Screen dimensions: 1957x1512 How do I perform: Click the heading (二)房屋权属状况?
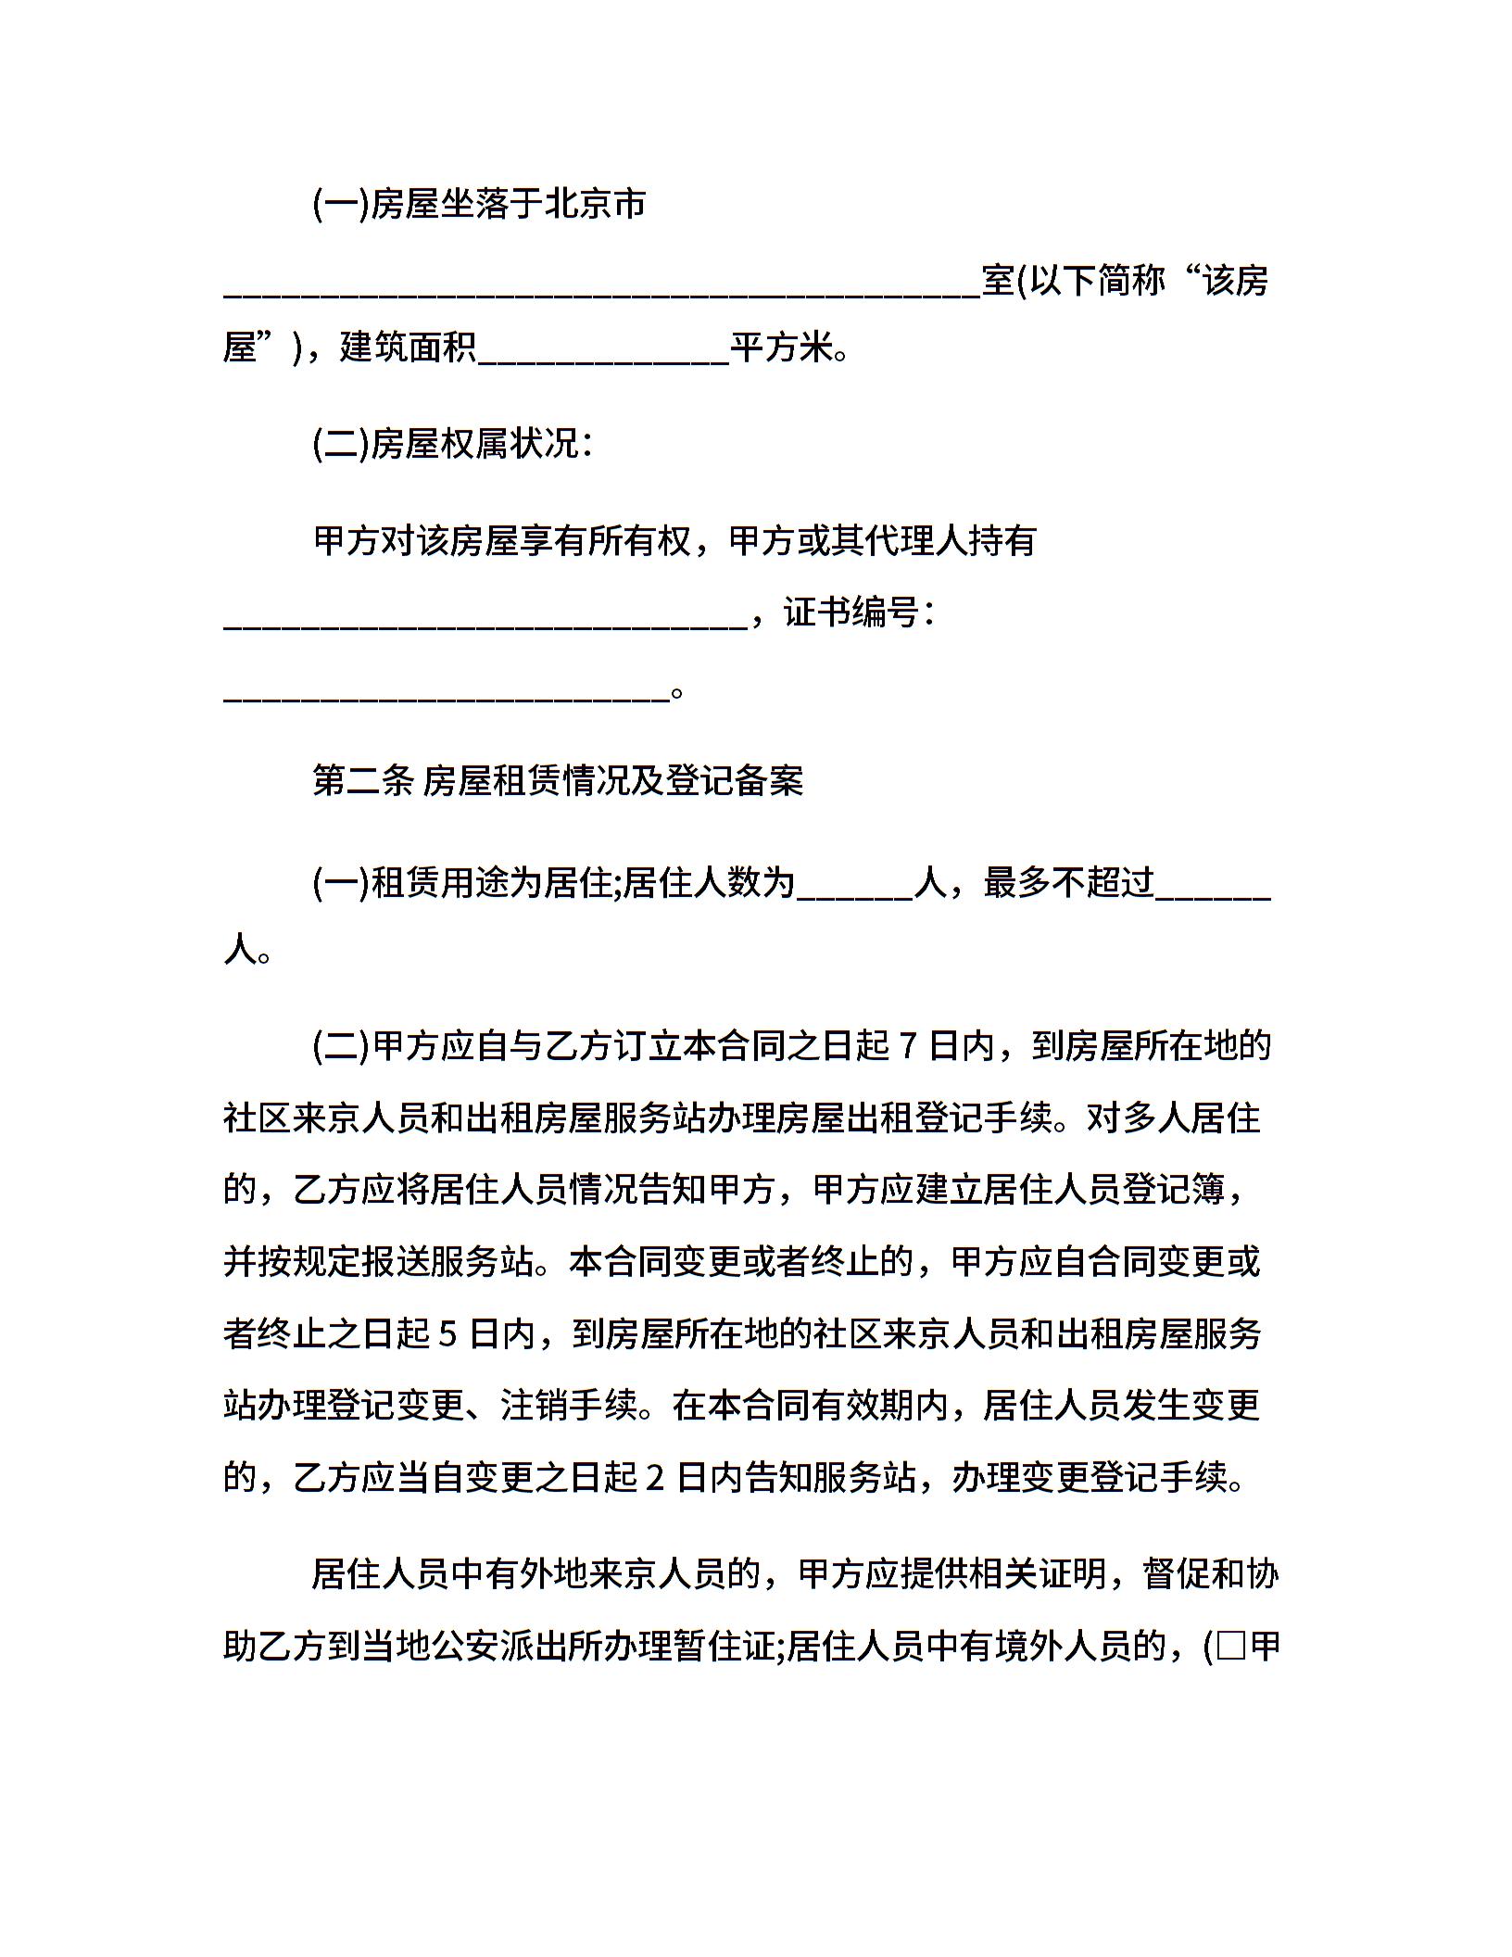(452, 445)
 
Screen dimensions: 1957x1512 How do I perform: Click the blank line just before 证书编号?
(485, 626)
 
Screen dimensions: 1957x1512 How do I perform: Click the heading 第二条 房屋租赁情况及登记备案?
(558, 780)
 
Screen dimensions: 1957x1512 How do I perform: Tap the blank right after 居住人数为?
(855, 896)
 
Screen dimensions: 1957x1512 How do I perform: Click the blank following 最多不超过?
(1214, 896)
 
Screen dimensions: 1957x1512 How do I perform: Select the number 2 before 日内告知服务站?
(655, 1477)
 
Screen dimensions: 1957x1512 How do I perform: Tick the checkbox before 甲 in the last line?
(1231, 1648)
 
